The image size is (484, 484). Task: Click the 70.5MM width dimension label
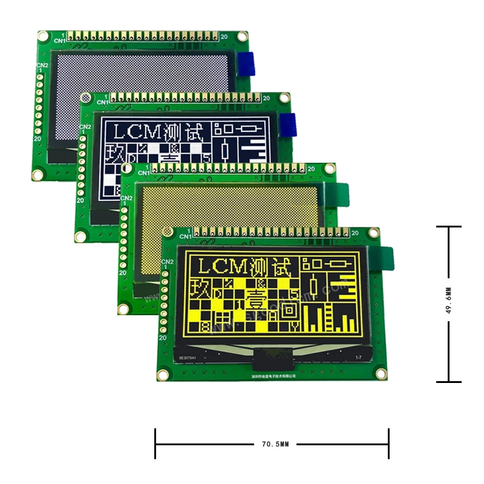(x=275, y=444)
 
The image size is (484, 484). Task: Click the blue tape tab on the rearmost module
(x=246, y=64)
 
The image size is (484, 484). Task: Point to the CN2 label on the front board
(x=168, y=261)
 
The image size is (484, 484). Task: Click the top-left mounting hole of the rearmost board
(x=43, y=35)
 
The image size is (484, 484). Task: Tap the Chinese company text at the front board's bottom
(x=272, y=376)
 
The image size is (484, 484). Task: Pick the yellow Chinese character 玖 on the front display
(x=201, y=288)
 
